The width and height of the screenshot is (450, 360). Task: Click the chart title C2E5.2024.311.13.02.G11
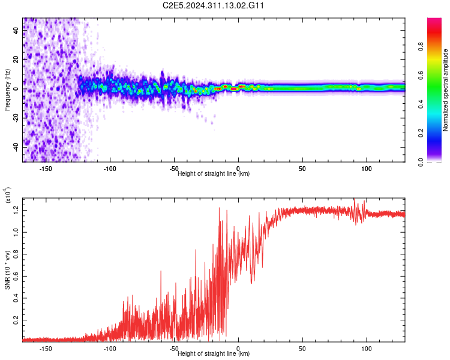(214, 5)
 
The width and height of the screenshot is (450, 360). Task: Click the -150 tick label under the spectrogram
(45, 169)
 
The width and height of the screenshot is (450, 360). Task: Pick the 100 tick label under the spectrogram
(366, 169)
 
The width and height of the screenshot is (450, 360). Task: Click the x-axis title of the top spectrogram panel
(214, 174)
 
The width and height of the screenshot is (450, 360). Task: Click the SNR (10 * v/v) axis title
(7, 270)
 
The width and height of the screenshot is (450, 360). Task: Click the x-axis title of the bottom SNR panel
(214, 354)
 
